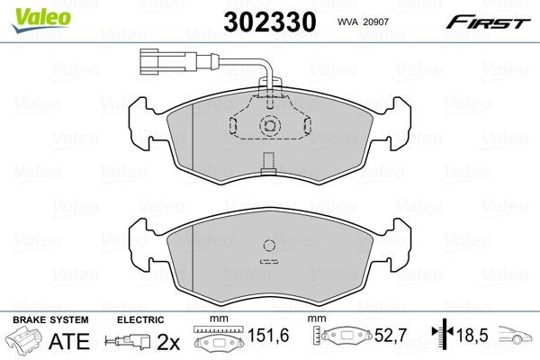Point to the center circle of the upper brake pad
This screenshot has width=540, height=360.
pyautogui.click(x=267, y=127)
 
